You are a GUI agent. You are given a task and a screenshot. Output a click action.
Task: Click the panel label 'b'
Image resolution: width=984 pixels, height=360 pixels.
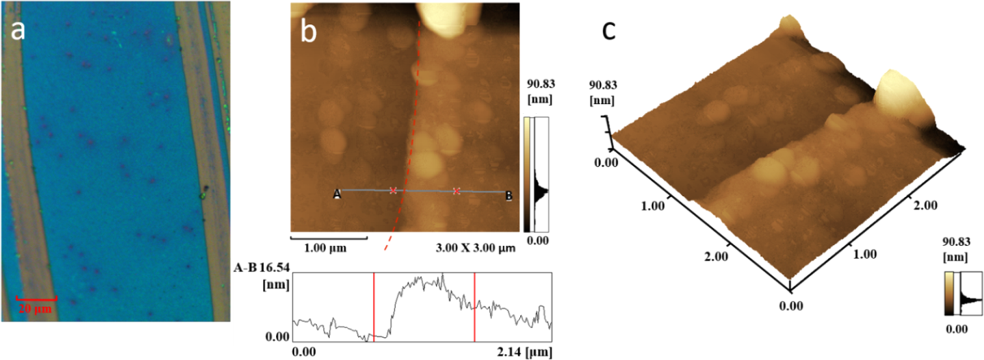308,32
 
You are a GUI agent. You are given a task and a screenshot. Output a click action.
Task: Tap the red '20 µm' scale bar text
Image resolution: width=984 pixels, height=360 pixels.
35,309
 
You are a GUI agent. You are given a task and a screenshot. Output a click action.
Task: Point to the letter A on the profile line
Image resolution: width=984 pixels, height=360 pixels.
337,194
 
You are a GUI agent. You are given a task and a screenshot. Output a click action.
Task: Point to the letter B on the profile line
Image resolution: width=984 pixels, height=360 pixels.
509,196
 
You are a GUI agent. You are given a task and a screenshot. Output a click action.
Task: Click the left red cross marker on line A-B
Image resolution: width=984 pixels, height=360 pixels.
393,191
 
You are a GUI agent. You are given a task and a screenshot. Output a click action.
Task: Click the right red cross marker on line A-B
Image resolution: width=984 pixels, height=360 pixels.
456,191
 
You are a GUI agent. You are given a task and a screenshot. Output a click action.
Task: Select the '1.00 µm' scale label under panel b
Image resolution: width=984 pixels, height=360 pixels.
325,248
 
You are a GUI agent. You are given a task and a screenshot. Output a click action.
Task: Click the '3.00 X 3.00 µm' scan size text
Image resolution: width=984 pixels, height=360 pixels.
475,248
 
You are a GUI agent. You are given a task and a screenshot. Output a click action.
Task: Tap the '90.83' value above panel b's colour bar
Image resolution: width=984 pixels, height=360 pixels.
541,84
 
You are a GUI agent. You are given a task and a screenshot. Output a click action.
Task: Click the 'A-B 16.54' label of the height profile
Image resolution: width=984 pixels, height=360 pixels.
261,268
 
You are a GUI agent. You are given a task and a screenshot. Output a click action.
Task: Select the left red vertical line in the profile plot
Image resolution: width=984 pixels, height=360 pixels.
374,306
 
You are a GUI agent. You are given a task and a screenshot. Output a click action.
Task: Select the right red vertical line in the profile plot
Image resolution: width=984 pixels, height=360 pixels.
475,306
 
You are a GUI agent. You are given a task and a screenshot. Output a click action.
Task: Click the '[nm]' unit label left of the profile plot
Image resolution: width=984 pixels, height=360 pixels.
276,284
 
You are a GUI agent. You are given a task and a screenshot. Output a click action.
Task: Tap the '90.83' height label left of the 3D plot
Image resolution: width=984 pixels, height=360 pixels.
603,85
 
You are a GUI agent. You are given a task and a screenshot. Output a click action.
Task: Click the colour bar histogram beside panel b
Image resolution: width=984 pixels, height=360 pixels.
541,175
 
